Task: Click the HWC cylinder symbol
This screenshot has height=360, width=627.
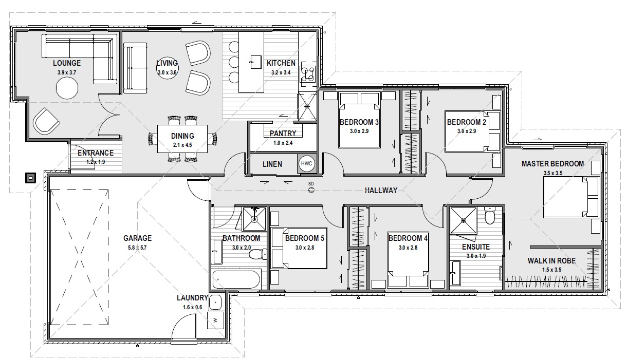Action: click(x=306, y=163)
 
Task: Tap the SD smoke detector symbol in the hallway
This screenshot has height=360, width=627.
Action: click(x=311, y=190)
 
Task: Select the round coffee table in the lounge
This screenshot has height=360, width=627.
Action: click(x=67, y=88)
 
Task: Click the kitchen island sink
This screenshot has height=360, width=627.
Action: click(x=255, y=62)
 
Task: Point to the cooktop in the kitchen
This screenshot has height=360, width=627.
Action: click(x=308, y=74)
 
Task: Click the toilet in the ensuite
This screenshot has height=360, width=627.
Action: click(x=490, y=216)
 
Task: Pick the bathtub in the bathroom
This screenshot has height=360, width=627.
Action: click(x=236, y=279)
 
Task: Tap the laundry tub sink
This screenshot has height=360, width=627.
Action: click(x=215, y=302)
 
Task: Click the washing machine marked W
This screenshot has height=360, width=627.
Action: click(x=215, y=320)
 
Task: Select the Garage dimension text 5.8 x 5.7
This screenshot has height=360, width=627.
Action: click(x=137, y=248)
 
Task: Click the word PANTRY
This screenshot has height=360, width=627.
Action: click(x=283, y=134)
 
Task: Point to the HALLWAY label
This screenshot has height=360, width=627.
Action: click(x=381, y=191)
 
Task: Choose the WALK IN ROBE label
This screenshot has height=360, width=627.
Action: click(x=551, y=261)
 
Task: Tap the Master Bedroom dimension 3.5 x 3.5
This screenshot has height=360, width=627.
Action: click(x=553, y=173)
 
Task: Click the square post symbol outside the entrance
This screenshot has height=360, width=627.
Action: click(x=30, y=178)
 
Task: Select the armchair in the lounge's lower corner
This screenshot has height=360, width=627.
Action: click(x=46, y=121)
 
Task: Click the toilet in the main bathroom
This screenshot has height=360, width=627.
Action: click(x=257, y=255)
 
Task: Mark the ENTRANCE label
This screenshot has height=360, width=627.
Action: click(x=96, y=153)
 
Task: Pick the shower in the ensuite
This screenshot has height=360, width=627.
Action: click(x=463, y=220)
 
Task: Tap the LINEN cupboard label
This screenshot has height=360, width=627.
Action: click(x=272, y=164)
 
